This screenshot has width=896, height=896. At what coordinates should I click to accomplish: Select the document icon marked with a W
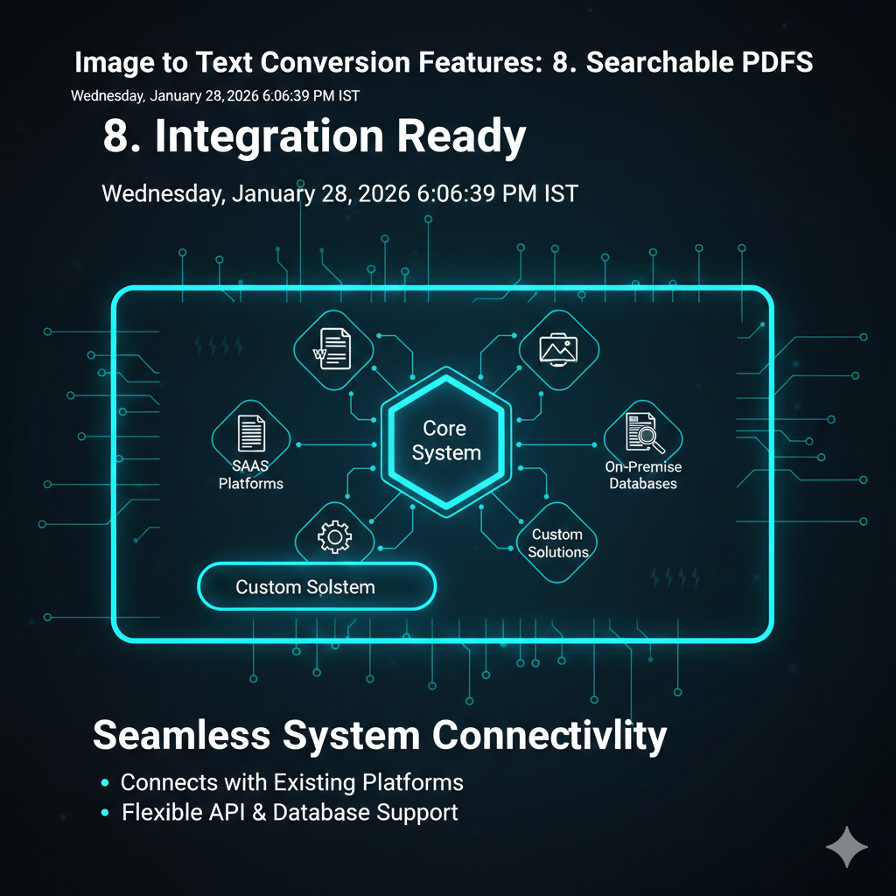click(333, 347)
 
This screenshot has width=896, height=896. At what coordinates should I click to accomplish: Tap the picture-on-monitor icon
click(559, 348)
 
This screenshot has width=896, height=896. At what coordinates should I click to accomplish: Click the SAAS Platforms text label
click(251, 475)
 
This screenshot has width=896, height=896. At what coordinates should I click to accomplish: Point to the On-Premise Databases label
click(643, 475)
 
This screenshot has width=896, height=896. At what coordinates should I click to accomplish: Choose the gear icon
click(333, 535)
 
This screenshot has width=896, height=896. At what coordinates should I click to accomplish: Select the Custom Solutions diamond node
click(557, 542)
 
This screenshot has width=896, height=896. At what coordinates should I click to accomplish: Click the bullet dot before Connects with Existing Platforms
click(105, 782)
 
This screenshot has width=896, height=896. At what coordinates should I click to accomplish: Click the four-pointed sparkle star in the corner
click(847, 846)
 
